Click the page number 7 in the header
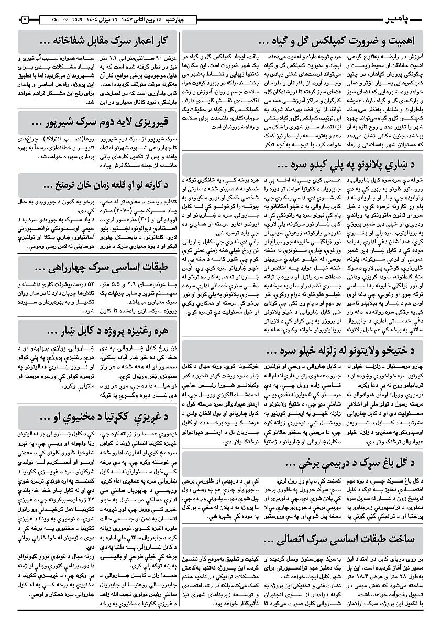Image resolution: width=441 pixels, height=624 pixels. coord(24,20)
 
